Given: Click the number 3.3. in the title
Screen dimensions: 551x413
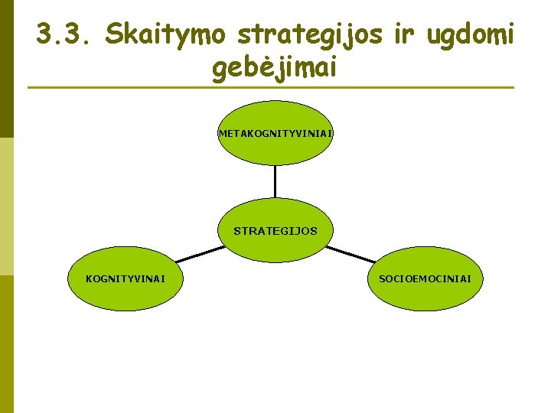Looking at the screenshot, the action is click(64, 34).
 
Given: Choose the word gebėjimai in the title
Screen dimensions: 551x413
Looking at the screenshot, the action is click(275, 70).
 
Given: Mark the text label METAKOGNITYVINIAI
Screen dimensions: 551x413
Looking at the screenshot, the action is click(275, 134).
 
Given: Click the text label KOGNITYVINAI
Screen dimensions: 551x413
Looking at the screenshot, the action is click(124, 278).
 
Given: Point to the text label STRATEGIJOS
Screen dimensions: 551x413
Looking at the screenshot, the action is click(275, 230).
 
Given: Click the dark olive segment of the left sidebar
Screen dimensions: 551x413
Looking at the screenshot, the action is click(6, 69).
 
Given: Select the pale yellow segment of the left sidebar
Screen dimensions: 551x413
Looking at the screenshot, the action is click(6, 206).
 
